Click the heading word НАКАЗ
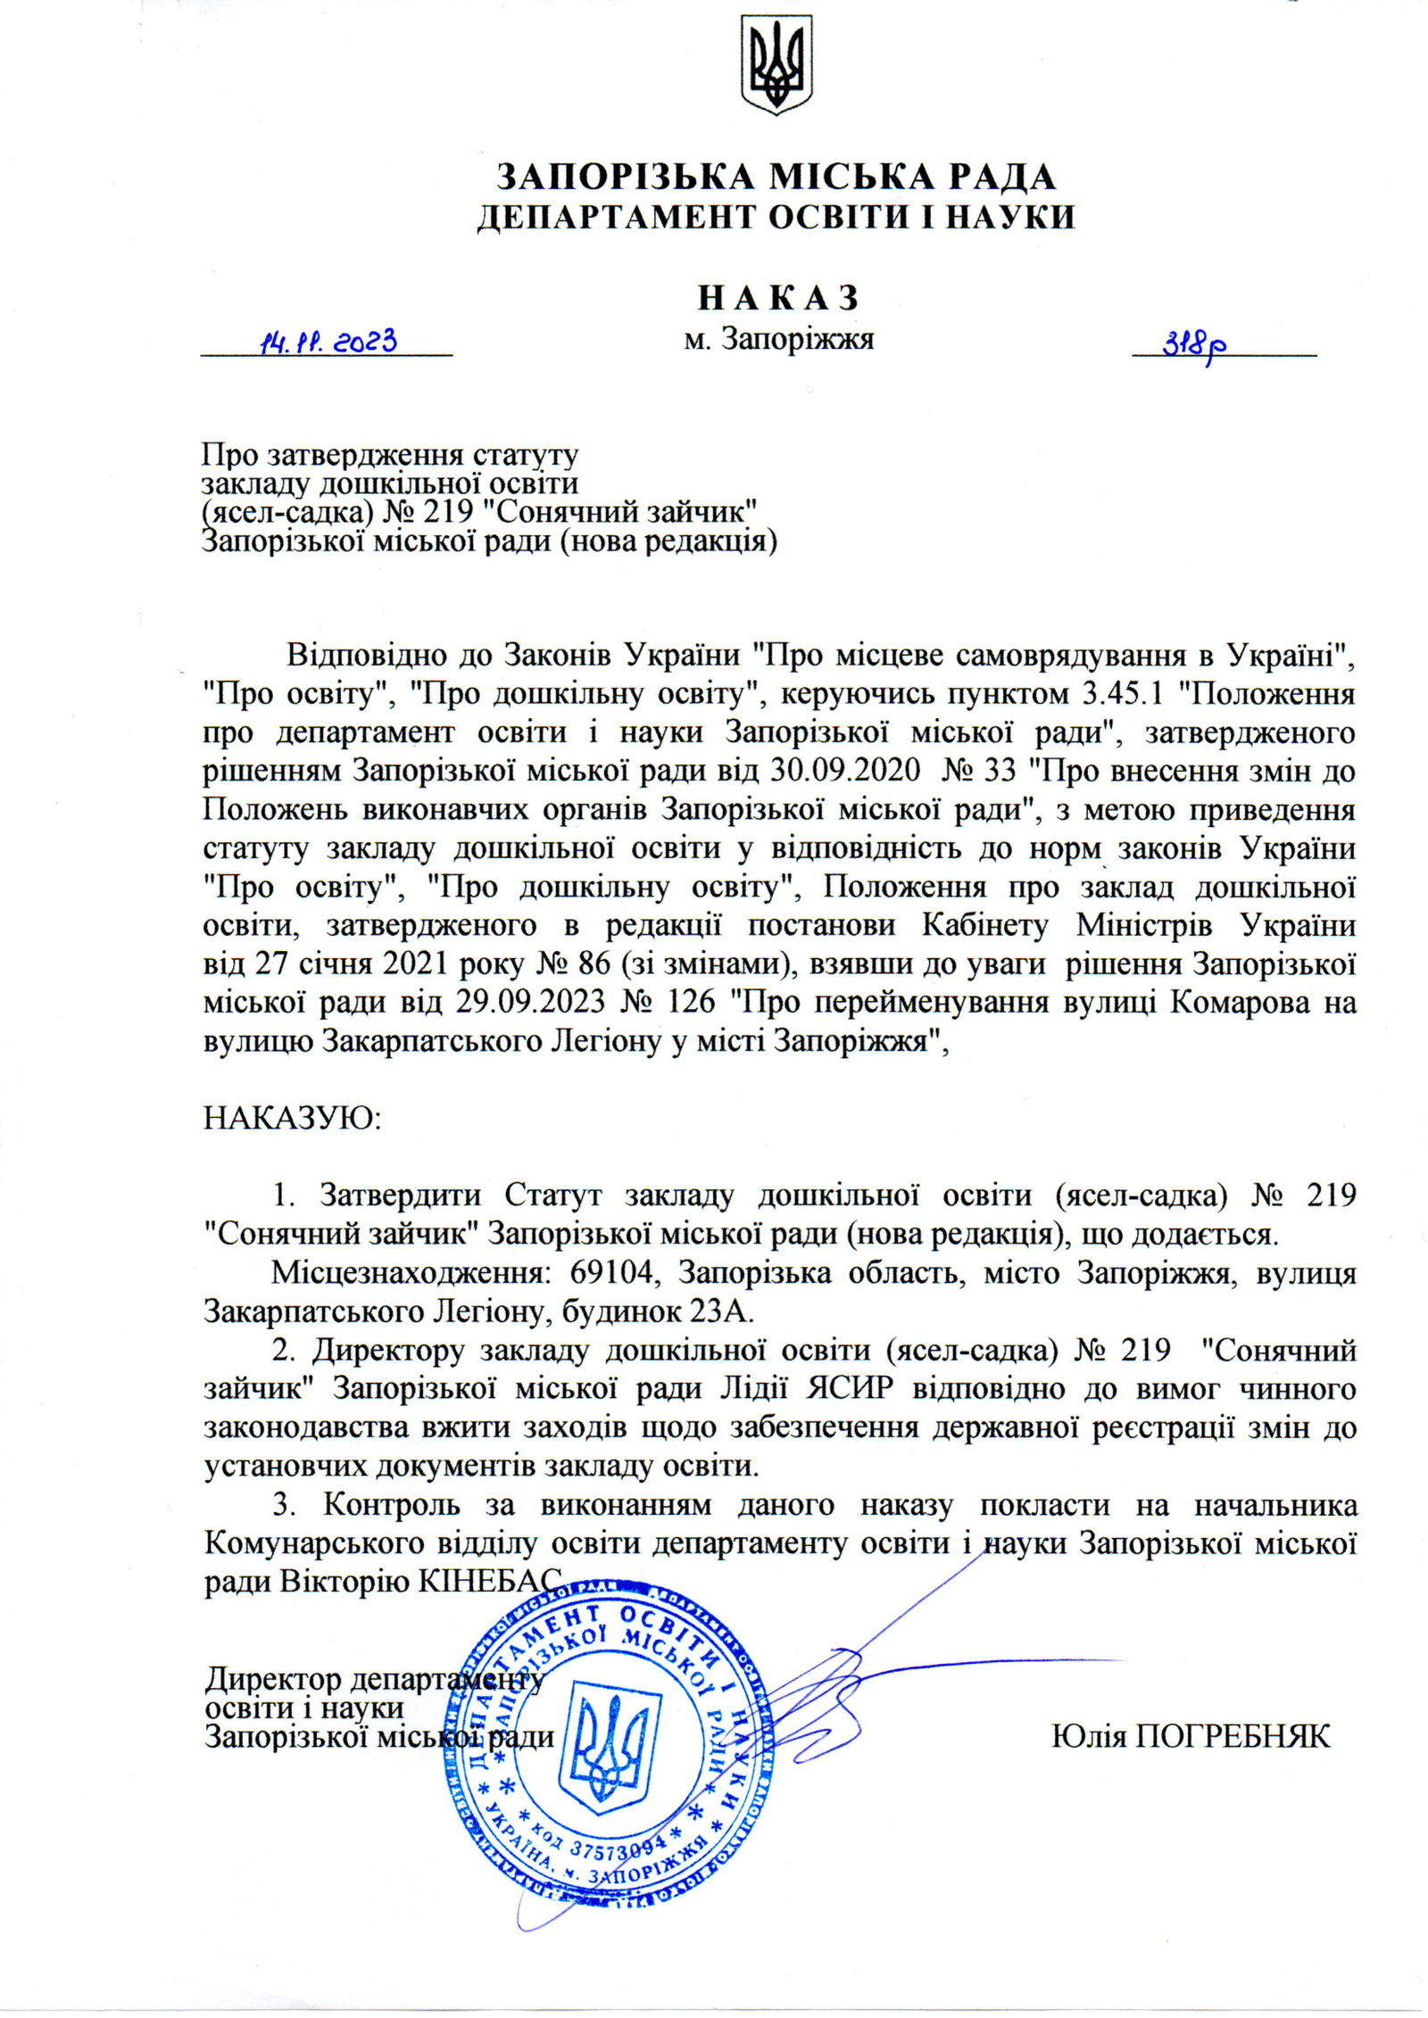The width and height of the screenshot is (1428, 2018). click(777, 297)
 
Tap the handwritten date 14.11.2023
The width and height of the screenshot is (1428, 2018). click(327, 342)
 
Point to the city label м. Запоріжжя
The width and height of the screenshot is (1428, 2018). click(778, 339)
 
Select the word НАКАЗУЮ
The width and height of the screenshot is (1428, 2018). click(292, 1118)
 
